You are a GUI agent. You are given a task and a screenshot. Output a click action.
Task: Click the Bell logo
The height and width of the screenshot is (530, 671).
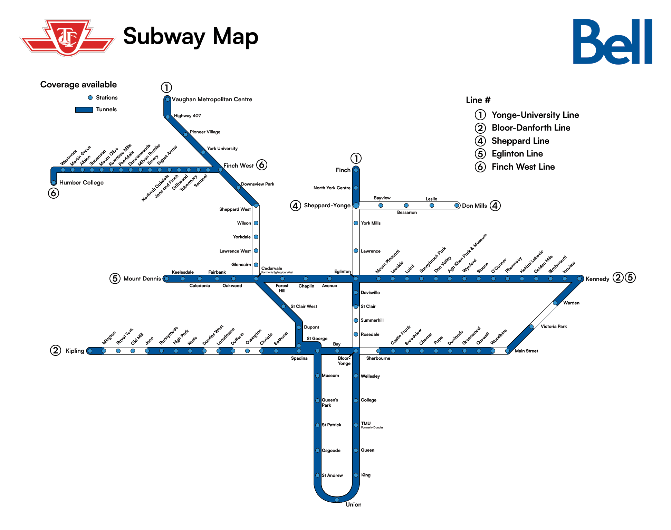point(612,41)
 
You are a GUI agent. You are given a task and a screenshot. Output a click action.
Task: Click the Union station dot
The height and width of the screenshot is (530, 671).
point(337,500)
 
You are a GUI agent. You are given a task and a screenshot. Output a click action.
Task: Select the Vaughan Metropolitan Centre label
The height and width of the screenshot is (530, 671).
point(212,99)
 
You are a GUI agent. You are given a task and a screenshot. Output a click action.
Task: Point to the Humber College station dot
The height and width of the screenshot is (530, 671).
point(54,182)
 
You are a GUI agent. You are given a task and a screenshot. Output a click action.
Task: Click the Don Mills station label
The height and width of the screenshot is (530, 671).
point(474,206)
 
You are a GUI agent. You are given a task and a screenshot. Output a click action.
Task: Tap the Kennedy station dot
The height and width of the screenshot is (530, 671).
point(579,278)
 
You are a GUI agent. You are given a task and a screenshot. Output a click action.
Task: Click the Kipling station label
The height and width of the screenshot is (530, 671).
point(75,351)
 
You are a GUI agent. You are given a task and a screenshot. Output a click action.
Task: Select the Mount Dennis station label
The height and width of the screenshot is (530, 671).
point(142,278)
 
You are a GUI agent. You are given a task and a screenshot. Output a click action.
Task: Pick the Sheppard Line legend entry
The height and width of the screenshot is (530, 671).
point(520,141)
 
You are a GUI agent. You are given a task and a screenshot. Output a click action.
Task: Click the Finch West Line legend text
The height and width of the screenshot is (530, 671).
point(523,167)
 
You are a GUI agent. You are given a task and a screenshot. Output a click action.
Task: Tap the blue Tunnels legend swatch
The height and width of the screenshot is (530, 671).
point(84,110)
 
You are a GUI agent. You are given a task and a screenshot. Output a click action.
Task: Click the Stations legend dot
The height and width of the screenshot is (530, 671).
point(90,98)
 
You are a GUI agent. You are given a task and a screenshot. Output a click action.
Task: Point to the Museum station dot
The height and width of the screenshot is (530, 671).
point(317,376)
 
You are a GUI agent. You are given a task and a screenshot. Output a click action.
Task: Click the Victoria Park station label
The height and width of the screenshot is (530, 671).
point(554,326)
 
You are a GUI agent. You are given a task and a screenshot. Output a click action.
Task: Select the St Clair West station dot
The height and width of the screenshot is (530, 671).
point(283,306)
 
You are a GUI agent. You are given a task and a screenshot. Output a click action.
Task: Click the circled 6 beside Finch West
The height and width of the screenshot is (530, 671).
point(262,165)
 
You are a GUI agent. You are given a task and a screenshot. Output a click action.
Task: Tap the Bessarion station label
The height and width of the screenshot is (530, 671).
point(407,212)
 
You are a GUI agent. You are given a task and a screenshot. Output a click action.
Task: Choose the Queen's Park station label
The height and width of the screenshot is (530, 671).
point(329,403)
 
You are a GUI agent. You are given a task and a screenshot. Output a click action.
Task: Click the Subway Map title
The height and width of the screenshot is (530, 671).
point(191,36)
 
